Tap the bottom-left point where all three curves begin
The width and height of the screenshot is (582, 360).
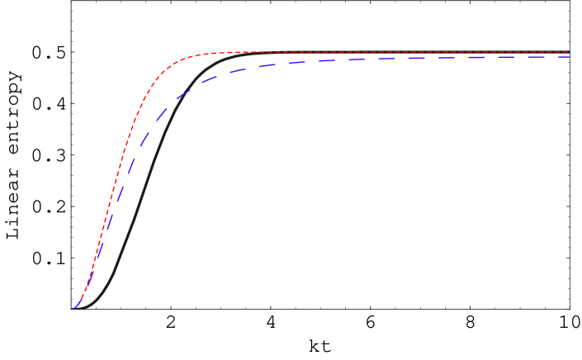[73, 309]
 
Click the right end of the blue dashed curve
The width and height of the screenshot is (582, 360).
[569, 57]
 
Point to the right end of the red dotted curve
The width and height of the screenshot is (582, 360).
[569, 52]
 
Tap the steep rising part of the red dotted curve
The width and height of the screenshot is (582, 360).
[111, 198]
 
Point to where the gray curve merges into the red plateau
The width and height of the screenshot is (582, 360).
[248, 54]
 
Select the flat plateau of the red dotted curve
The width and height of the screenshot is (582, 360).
[371, 52]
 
